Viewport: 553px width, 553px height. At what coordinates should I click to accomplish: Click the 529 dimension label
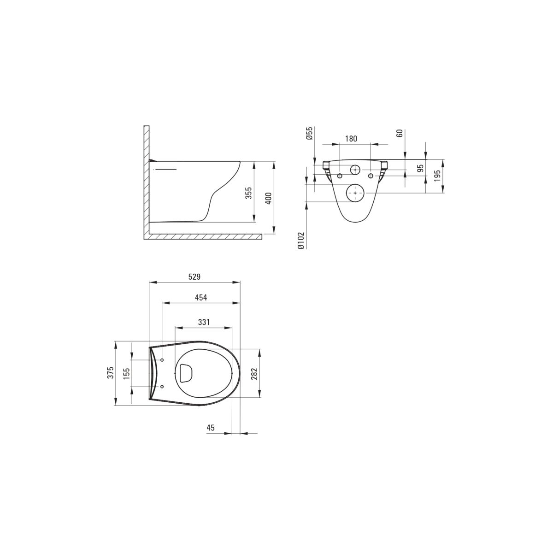[x=194, y=277]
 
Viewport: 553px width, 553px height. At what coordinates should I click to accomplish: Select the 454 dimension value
[x=201, y=298]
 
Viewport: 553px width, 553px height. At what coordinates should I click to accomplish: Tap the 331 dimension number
[x=204, y=322]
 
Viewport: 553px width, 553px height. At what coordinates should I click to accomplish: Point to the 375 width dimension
[x=111, y=373]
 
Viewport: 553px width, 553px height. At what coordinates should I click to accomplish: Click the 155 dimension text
[x=127, y=373]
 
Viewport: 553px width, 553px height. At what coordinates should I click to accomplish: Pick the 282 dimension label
[x=254, y=374]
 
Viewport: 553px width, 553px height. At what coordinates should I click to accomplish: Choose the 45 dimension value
[x=210, y=435]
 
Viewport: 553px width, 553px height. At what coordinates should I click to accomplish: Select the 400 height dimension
[x=268, y=198]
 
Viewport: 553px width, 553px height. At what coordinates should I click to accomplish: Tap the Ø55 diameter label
[x=309, y=134]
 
